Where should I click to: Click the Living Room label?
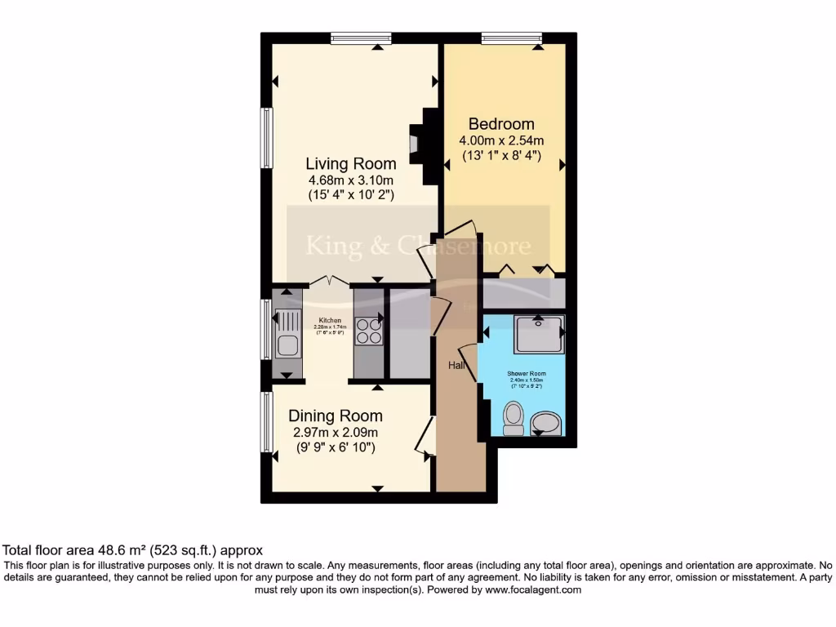click(351, 163)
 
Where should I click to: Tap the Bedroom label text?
click(501, 124)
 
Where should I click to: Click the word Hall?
click(456, 366)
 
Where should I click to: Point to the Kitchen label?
click(330, 320)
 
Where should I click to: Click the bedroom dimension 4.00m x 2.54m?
click(501, 140)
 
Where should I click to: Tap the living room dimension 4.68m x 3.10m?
click(351, 180)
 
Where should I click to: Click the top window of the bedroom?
click(512, 38)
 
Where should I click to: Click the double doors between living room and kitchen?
click(330, 282)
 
